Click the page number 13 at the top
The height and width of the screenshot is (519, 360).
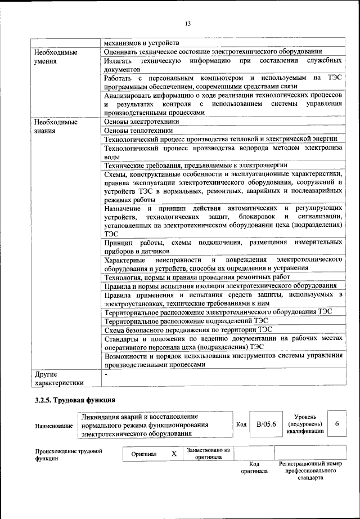[x=187, y=23]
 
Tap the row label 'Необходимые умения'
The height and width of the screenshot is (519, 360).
[x=55, y=56]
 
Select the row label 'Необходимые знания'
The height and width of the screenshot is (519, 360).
[x=55, y=126]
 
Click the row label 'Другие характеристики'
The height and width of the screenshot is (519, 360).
[x=58, y=378]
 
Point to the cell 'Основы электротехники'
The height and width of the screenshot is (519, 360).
[x=142, y=121]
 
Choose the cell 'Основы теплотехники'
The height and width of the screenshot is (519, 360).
[x=138, y=130]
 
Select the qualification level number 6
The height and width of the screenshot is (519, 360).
[x=336, y=424]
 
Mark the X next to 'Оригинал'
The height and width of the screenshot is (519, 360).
[x=174, y=453]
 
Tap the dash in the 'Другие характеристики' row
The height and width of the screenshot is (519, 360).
[x=106, y=373]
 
